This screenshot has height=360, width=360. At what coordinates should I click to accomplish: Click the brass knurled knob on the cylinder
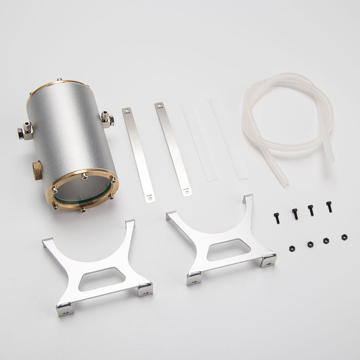pos(38,170)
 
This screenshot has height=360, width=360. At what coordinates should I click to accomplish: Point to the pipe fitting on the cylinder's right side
pos(107,120)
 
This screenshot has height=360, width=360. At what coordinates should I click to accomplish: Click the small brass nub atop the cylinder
pos(59,80)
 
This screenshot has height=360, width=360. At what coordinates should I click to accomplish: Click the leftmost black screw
pos(277,218)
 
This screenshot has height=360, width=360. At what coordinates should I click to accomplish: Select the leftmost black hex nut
pos(292,248)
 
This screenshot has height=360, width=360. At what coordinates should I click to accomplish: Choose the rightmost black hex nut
pos(344,237)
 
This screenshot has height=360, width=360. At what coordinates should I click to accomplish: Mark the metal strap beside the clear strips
pos(173,149)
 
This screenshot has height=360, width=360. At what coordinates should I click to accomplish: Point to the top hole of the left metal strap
pos(126,111)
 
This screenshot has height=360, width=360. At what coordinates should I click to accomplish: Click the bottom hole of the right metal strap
pos(187,192)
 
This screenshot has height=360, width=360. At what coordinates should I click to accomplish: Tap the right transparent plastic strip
pos(229,139)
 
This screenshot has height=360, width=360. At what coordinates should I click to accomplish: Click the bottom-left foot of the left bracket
pos(64,308)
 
